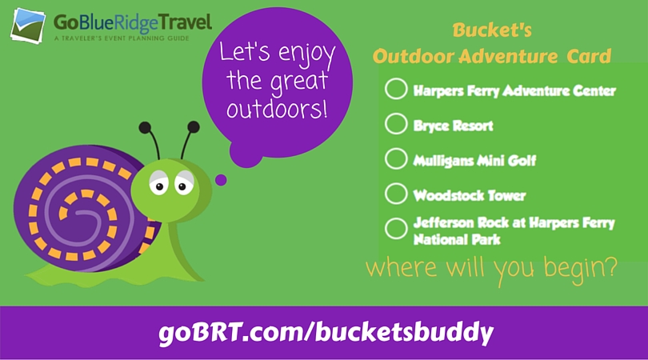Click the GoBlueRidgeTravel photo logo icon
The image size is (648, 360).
coord(28,26)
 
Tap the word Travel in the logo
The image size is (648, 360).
coord(186,22)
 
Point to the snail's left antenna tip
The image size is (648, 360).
coord(145,127)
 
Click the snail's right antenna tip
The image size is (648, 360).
coord(194,127)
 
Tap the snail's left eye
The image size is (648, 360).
coord(158,183)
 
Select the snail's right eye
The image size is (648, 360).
coord(184,183)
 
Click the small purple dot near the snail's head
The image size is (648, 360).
coord(221,180)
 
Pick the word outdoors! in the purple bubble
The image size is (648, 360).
coord(277,109)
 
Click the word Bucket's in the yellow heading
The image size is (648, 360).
coord(492,30)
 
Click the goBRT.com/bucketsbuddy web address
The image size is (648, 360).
coord(326,332)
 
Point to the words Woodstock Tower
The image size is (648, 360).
coord(470,195)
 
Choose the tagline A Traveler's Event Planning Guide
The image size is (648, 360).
coord(122,38)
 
